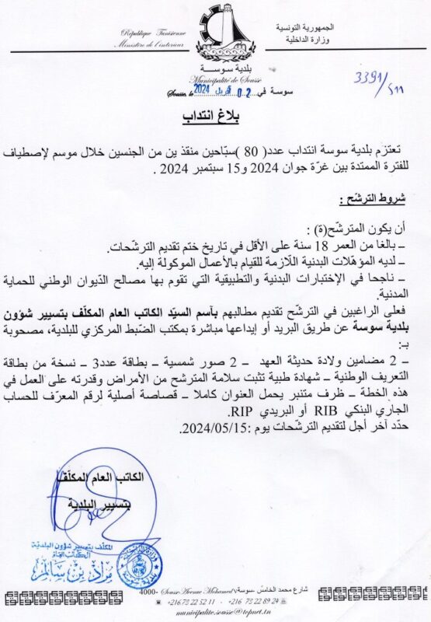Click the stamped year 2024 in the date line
click(x=202, y=90)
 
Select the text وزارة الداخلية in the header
click(x=307, y=39)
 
